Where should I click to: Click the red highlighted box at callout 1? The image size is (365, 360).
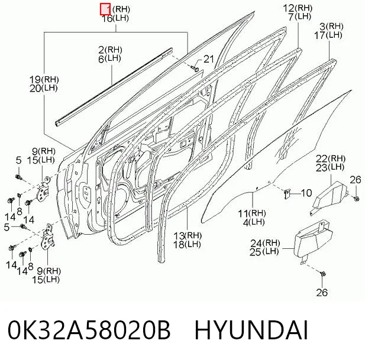click(105, 9)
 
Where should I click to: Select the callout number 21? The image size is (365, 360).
click(209, 59)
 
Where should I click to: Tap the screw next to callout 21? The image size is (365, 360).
click(195, 68)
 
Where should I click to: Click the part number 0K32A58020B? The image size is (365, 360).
click(89, 330)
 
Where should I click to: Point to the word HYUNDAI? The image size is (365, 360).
click(251, 330)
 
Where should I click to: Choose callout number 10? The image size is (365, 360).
click(306, 193)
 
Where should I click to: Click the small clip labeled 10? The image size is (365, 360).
click(286, 193)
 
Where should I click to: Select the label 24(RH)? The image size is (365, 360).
click(265, 243)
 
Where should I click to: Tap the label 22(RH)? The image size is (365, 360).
click(331, 159)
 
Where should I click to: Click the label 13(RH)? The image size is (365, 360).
click(188, 236)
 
